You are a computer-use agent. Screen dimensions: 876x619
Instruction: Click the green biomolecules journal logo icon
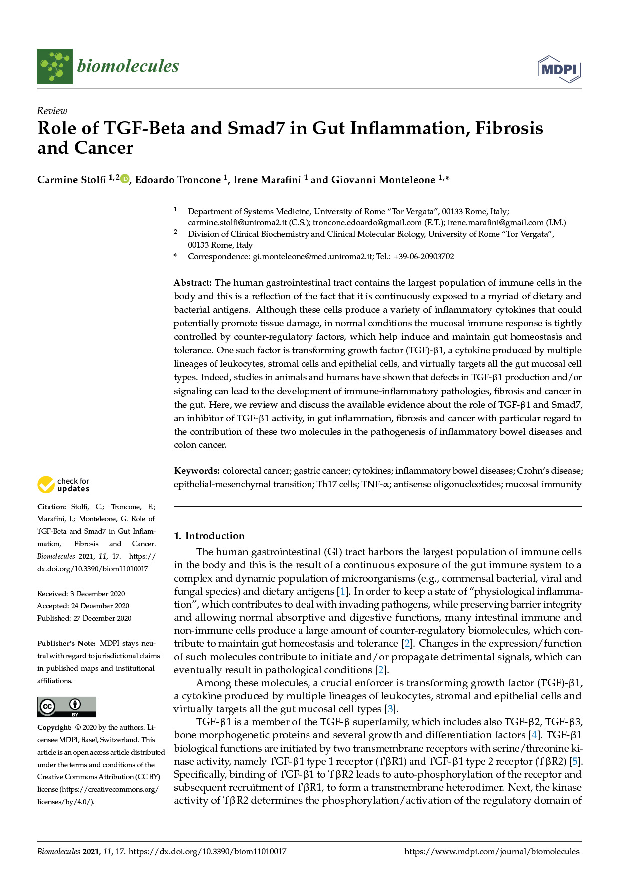[55, 66]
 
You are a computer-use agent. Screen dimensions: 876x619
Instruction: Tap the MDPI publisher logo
[559, 69]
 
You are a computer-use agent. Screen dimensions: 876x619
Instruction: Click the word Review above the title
[52, 111]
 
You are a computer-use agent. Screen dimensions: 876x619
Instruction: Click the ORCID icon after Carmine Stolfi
[125, 179]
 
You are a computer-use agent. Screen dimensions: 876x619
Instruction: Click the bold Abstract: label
[193, 283]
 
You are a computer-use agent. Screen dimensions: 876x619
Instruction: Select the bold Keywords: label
[197, 471]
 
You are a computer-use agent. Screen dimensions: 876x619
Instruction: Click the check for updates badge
[63, 485]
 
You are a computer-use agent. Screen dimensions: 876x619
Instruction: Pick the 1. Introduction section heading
[209, 536]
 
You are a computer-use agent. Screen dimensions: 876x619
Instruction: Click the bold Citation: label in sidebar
[52, 507]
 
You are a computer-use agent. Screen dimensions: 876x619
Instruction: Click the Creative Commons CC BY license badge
[67, 707]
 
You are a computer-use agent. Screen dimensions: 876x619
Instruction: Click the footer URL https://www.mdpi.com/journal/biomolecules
[492, 852]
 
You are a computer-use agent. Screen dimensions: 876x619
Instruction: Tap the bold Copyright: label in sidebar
[55, 728]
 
